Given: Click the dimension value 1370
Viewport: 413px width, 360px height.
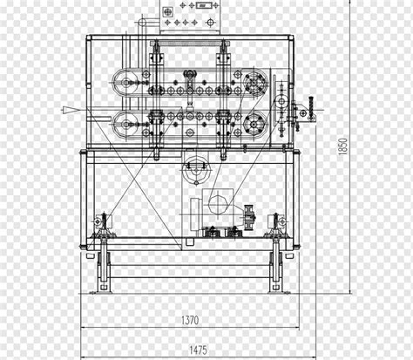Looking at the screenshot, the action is click(190, 320).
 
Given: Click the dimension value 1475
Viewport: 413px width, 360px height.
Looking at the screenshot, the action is click(199, 350).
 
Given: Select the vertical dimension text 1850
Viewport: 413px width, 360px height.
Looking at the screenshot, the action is click(342, 146).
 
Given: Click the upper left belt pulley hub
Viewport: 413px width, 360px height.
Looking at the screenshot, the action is click(125, 83).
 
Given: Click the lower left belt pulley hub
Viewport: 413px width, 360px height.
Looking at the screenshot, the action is click(125, 125).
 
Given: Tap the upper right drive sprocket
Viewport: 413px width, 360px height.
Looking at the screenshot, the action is click(254, 84).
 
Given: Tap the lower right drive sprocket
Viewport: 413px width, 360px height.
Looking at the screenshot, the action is click(254, 125).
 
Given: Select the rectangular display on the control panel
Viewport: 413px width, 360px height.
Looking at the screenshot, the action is click(203, 5).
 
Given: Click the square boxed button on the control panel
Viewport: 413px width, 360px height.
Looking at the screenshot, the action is click(167, 12).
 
